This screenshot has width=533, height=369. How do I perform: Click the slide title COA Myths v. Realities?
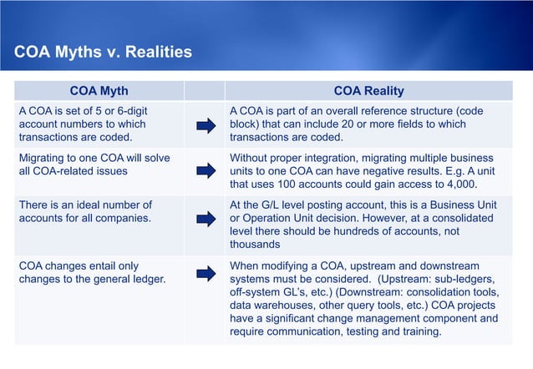[x=103, y=53]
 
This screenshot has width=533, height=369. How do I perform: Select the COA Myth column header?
[x=99, y=90]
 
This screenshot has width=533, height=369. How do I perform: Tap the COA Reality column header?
[x=368, y=90]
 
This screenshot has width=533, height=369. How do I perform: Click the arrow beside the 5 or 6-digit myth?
[x=206, y=125]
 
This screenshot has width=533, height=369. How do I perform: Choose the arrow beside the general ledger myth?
[x=206, y=272]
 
